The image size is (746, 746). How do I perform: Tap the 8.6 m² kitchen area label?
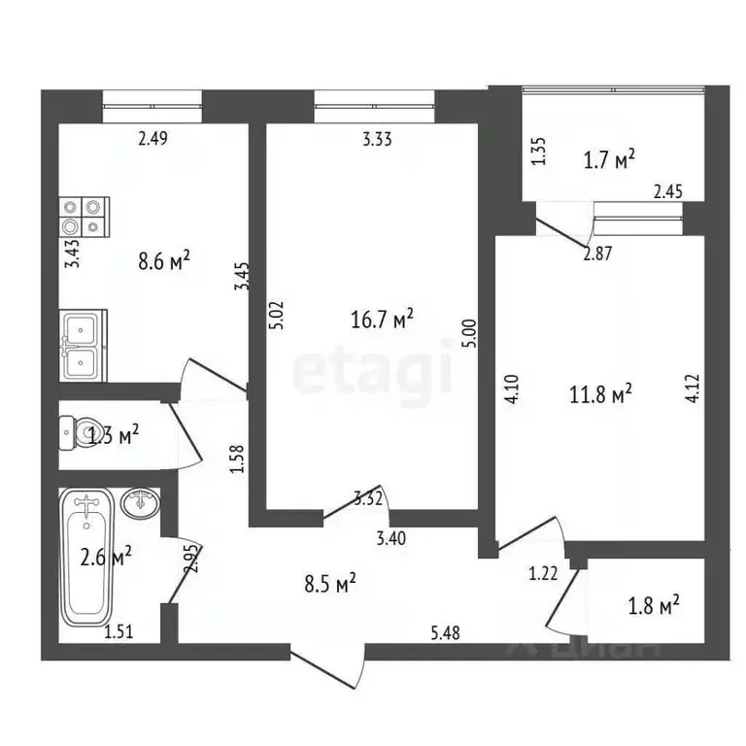coord(164,259)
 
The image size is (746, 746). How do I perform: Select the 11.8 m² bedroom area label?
coord(599,393)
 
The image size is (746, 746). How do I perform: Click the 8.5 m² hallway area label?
coord(330,583)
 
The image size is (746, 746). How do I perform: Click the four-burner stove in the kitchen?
coord(84,216)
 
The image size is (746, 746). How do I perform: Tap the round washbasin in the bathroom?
coord(143,503)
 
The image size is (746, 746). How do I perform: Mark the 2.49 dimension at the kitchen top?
coord(153,139)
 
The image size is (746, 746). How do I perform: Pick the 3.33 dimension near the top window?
coord(377,139)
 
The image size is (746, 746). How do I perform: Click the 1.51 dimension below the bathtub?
coord(119,633)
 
